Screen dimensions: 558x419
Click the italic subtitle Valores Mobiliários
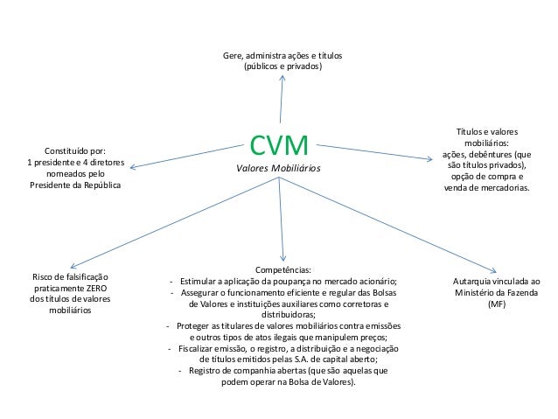(x=280, y=166)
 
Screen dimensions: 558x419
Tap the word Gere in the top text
(x=234, y=56)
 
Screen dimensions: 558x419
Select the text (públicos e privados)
(x=282, y=66)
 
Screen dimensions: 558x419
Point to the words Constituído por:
(x=76, y=150)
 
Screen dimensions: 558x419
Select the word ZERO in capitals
(x=98, y=287)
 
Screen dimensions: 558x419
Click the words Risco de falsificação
(x=70, y=276)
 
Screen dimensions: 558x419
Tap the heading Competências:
(x=282, y=270)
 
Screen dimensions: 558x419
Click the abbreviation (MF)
(x=496, y=304)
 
